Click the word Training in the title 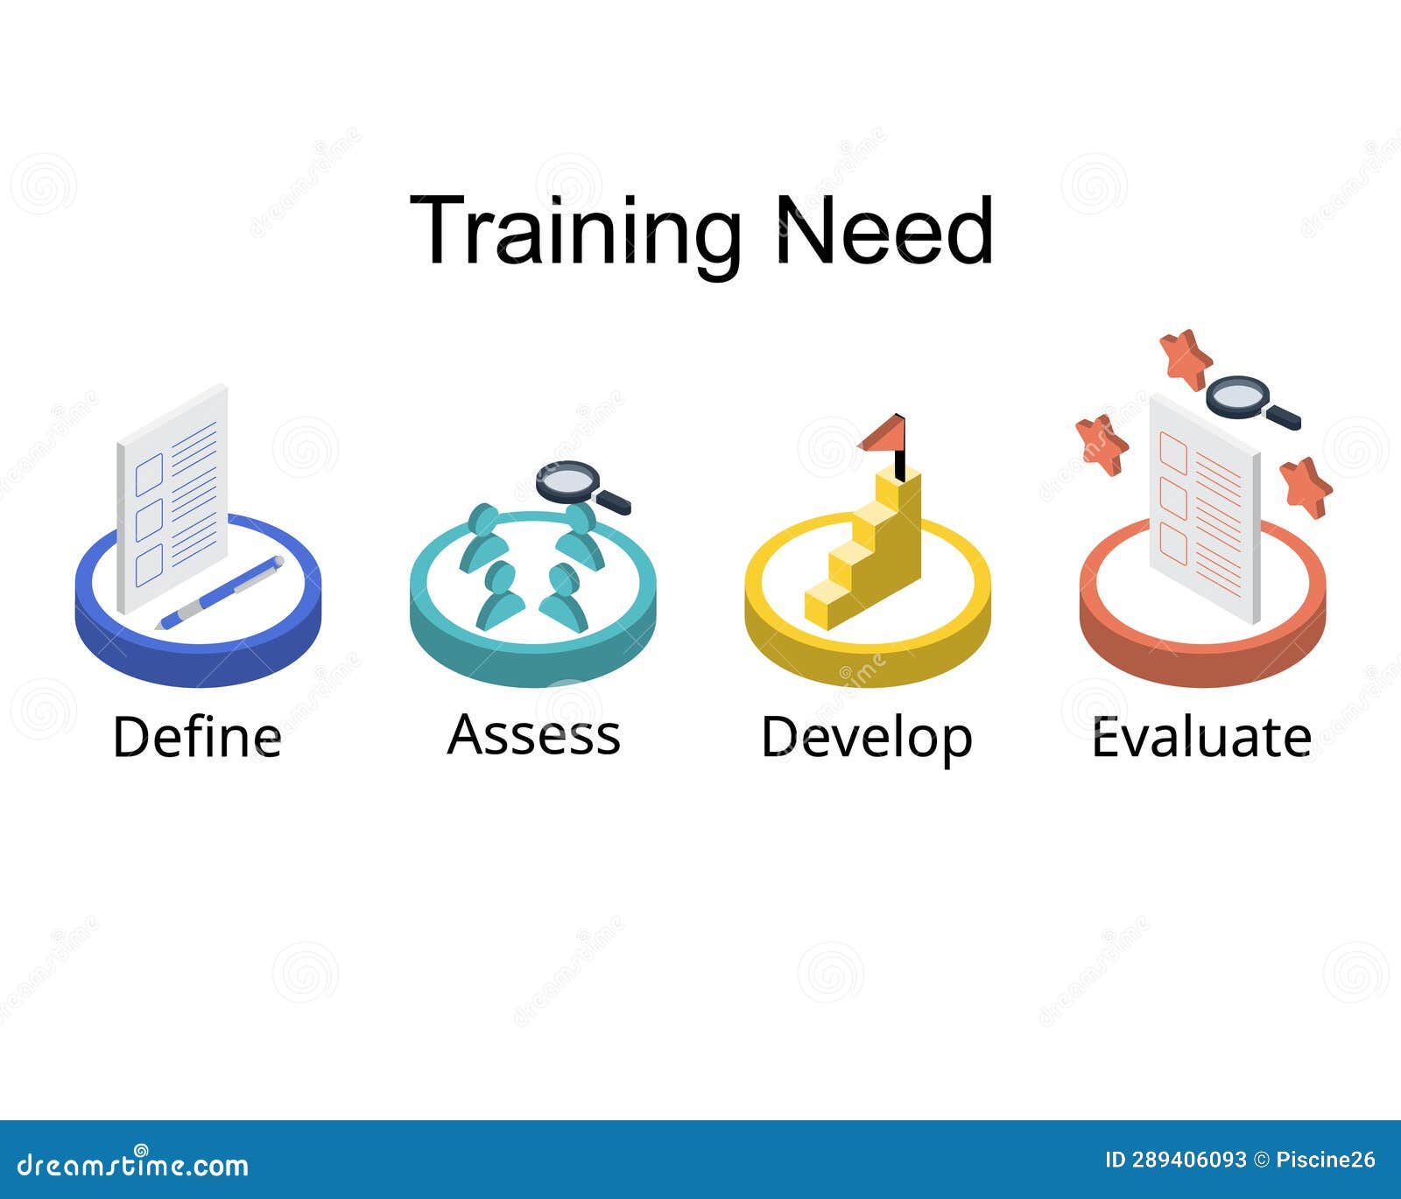point(574,231)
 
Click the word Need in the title point(884,231)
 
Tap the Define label point(197,737)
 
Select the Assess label point(533,734)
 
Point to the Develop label point(866,738)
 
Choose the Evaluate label point(1201,737)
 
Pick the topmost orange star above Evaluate point(1186,358)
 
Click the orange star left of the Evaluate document point(1102,444)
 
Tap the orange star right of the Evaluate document point(1306,487)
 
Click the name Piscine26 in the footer point(1326,1160)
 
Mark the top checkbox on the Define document point(149,473)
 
